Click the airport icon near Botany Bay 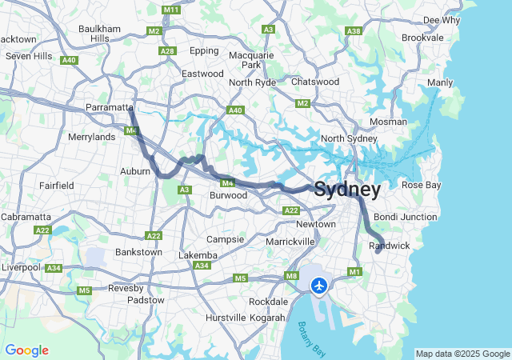[320, 285]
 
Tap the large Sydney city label [347, 190]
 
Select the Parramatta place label [110, 107]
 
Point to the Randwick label [389, 246]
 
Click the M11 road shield [170, 10]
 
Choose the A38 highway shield [353, 30]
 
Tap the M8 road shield [291, 276]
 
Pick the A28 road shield [167, 51]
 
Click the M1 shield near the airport [355, 273]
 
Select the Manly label [440, 82]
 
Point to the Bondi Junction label [406, 217]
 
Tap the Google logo [26, 350]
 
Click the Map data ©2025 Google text [462, 354]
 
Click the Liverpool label [20, 266]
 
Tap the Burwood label [228, 195]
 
